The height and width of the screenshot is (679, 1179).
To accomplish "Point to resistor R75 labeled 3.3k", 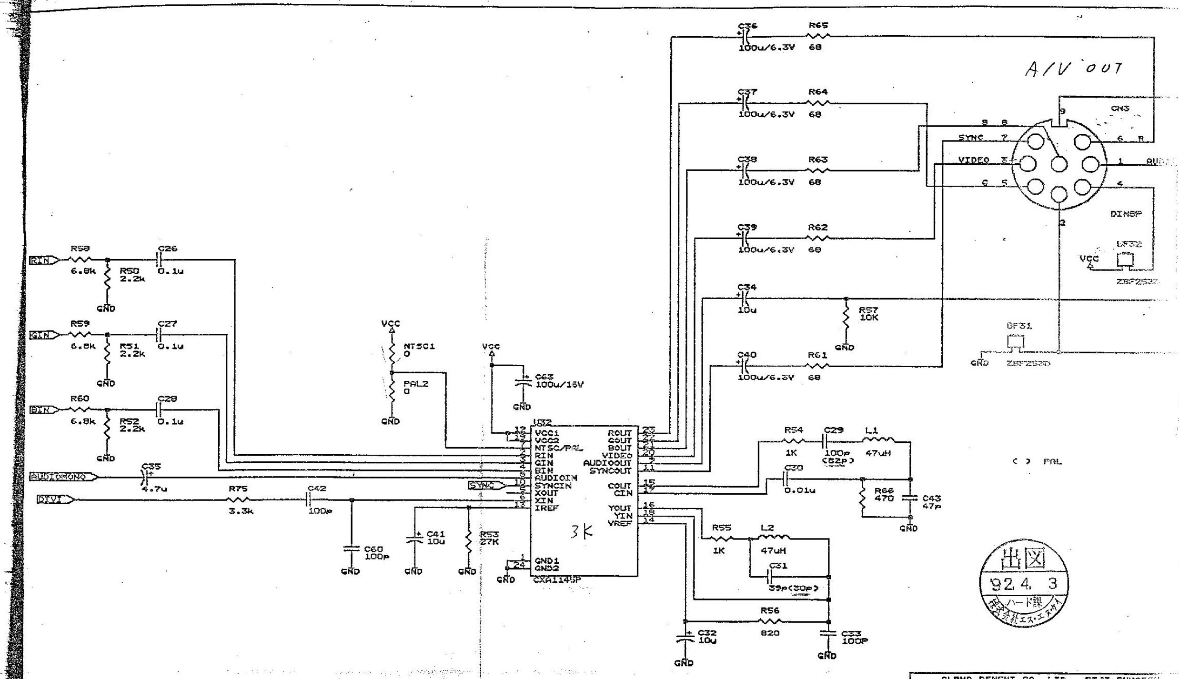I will coord(238,499).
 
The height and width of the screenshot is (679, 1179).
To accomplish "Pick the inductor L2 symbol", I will coord(776,539).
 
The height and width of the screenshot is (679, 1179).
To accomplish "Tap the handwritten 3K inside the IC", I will coord(582,532).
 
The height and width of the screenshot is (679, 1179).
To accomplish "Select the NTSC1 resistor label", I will coord(419,346).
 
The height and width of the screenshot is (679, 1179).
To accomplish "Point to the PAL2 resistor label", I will coord(415,384).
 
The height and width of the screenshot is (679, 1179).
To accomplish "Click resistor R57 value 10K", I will coord(868,318).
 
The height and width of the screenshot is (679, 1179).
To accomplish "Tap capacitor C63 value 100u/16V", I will coord(559,384).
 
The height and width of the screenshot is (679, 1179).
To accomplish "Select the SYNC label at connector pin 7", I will coord(970,138).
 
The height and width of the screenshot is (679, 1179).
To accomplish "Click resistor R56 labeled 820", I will coord(770,621).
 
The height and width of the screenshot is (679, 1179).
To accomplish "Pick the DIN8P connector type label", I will coord(1125,214).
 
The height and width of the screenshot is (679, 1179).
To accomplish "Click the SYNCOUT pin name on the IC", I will coord(610,470).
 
